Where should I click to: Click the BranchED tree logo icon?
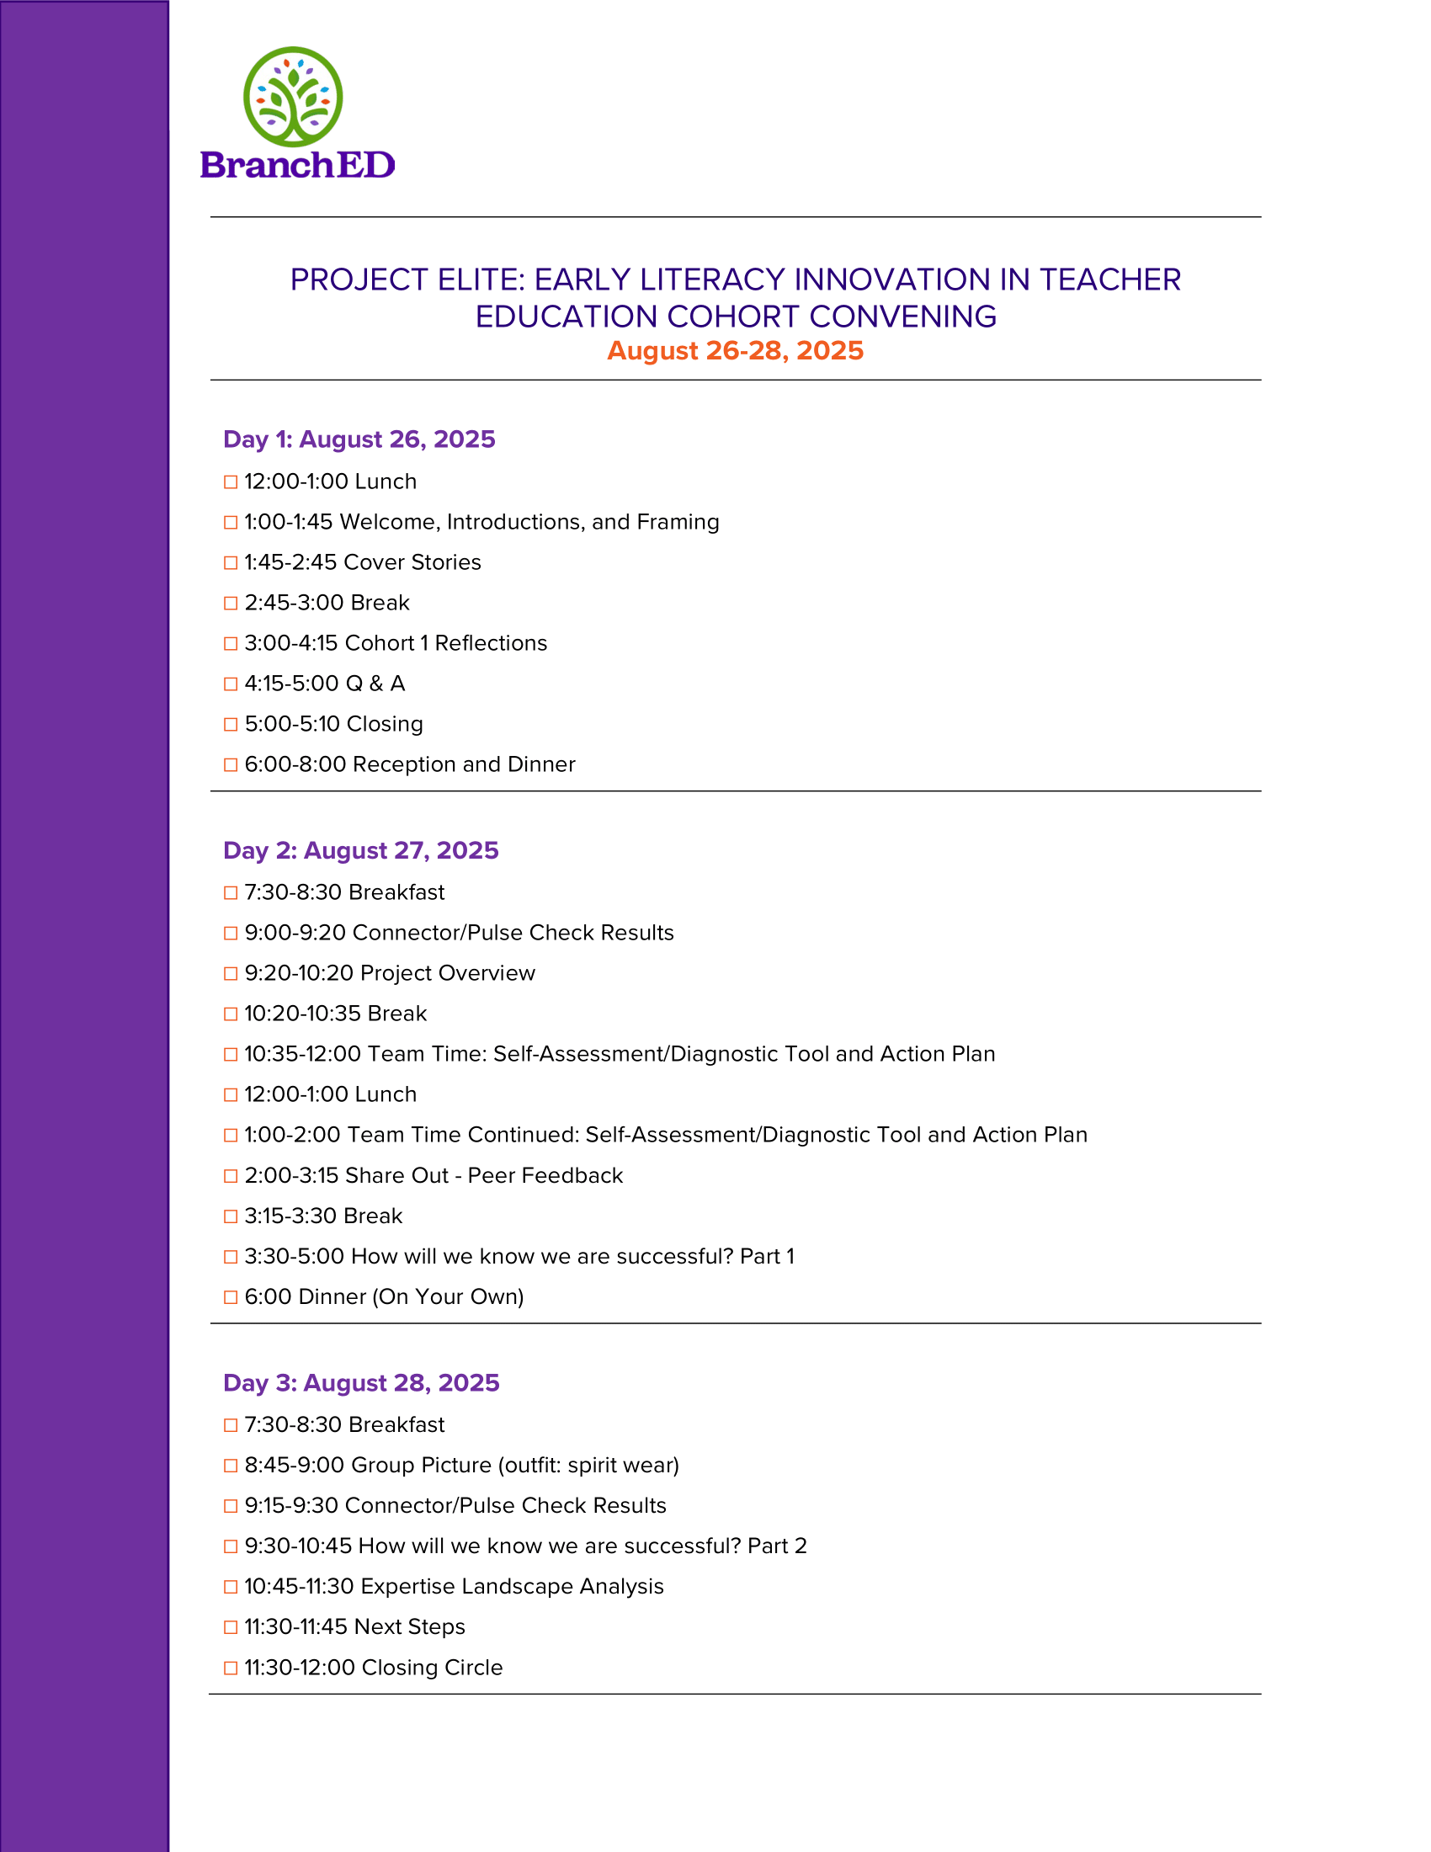tap(292, 96)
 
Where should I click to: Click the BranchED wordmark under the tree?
tap(297, 165)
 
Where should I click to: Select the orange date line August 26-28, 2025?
tap(735, 351)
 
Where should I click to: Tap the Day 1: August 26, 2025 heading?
tap(359, 439)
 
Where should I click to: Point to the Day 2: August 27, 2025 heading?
tap(360, 850)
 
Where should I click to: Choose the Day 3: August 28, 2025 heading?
tap(361, 1383)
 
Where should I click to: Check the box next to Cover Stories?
tap(231, 563)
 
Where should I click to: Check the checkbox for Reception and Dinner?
tap(231, 765)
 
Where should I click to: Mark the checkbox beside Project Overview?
tap(231, 973)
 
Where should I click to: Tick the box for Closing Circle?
tap(231, 1668)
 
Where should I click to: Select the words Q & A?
tap(375, 684)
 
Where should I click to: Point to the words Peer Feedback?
tap(545, 1176)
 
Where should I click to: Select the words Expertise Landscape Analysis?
tap(512, 1587)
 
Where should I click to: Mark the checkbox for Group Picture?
tap(231, 1466)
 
